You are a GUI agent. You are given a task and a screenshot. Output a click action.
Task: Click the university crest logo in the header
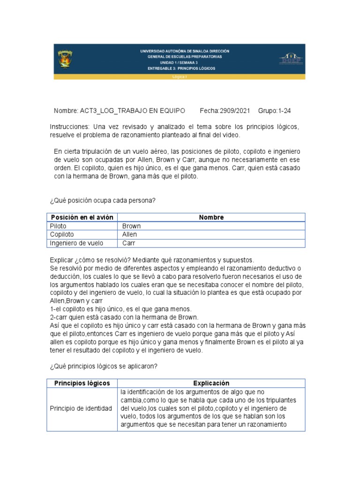tap(65, 59)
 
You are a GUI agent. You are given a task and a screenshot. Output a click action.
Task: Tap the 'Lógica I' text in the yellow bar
tap(180, 76)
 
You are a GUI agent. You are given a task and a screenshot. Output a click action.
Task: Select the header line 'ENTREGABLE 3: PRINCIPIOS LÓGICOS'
tap(181, 68)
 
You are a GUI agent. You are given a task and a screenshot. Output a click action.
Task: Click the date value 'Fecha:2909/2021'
tap(225, 111)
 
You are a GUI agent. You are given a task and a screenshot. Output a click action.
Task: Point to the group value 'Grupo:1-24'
tap(274, 111)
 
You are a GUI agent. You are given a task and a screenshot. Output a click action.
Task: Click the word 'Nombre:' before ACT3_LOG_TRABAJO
tap(66, 111)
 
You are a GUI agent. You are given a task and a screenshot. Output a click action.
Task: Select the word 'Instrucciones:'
tap(69, 127)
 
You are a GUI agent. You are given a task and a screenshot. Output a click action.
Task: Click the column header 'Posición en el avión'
tap(82, 217)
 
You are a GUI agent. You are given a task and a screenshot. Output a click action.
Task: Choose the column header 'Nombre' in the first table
tap(211, 217)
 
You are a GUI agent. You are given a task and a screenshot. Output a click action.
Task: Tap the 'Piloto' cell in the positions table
tap(59, 226)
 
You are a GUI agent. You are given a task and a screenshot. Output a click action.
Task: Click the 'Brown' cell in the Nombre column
tap(131, 226)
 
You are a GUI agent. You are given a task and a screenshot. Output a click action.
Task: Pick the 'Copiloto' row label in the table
tap(62, 234)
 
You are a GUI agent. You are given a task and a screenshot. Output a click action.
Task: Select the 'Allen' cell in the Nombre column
tap(130, 234)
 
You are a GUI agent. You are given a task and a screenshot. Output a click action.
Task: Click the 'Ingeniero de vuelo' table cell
tap(76, 243)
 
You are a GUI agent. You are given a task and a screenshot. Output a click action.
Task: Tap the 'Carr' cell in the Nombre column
tap(129, 243)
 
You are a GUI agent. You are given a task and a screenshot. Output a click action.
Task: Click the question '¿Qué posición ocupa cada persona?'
tap(102, 201)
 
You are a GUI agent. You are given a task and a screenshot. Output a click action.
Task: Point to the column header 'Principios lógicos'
tap(82, 383)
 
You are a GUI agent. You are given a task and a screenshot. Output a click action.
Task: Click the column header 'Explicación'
tap(211, 383)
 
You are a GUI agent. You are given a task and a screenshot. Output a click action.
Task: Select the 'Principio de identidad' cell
tap(81, 409)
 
